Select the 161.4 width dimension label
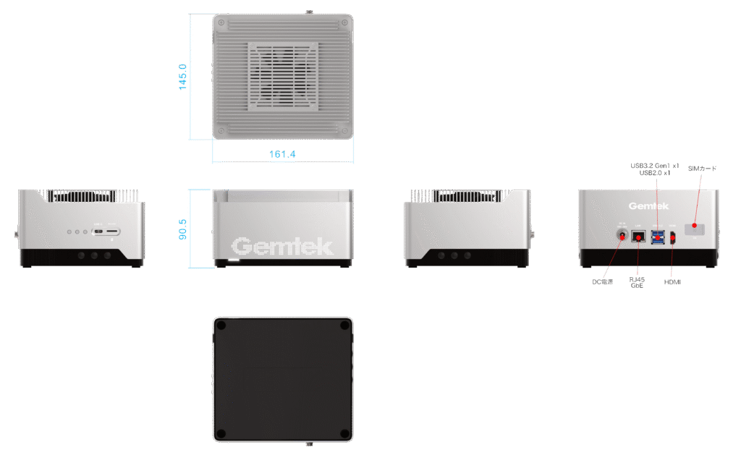[282, 154]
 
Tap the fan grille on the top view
[283, 75]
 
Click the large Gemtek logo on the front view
[282, 247]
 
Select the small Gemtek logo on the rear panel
[643, 205]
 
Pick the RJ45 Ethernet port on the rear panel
[638, 236]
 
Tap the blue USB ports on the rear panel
[657, 236]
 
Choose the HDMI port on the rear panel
[672, 237]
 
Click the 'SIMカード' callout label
[702, 168]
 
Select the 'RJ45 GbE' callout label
[637, 282]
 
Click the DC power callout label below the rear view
[603, 281]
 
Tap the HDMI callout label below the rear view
[672, 280]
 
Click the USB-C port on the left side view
[98, 231]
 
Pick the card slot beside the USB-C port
[113, 231]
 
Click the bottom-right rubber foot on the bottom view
[343, 433]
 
